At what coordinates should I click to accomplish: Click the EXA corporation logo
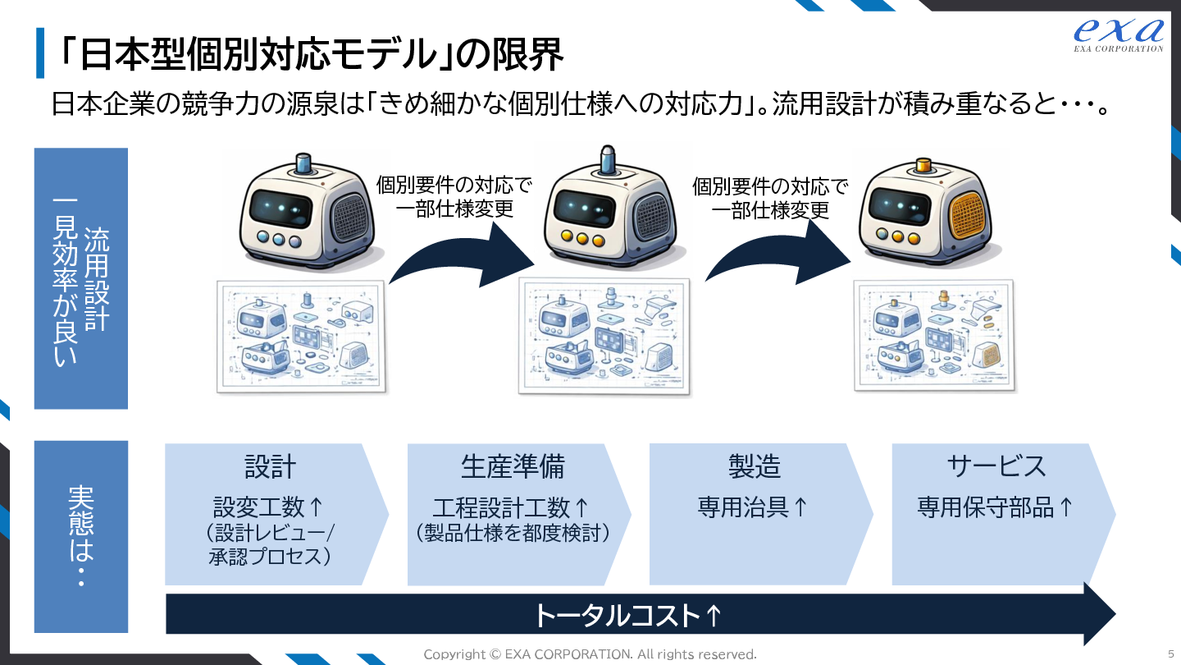pos(1118,34)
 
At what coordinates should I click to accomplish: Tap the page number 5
pos(1170,654)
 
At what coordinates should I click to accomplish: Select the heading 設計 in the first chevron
pos(270,466)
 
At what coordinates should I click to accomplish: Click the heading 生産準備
pos(513,466)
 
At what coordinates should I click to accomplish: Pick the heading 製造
pos(755,466)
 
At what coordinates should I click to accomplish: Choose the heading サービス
pos(996,466)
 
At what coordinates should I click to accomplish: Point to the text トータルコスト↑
pos(627,615)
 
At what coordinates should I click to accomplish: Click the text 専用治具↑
pos(753,507)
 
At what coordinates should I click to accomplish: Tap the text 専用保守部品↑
pos(995,507)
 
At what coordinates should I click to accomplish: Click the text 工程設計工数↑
pos(512,507)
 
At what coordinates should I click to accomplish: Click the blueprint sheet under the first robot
pos(300,337)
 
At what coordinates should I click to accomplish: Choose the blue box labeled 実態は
pos(81,536)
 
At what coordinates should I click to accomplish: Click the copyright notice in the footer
pos(590,654)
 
